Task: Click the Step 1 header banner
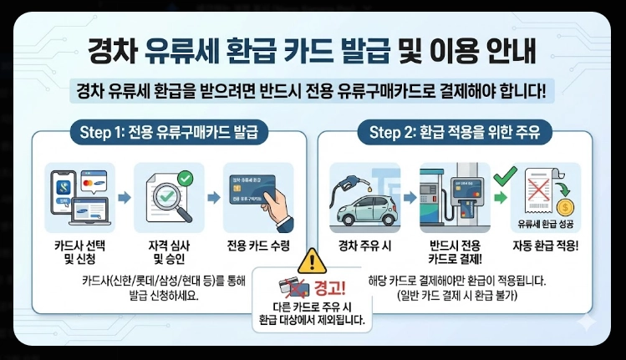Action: (x=166, y=132)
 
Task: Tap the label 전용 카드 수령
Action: (x=258, y=246)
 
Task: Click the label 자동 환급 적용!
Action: (x=546, y=246)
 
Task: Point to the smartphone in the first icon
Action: (x=63, y=194)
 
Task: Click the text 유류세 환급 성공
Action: (x=545, y=224)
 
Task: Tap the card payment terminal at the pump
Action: (x=463, y=194)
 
